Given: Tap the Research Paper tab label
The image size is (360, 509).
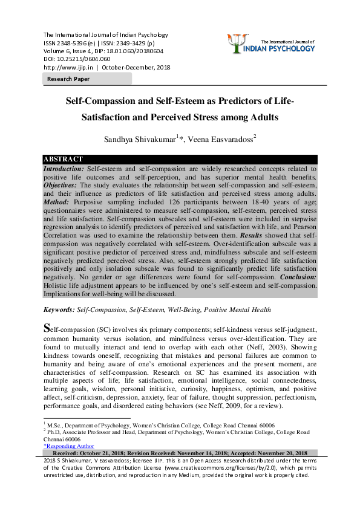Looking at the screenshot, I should coord(68,79).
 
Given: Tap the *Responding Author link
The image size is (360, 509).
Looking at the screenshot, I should coord(68,446).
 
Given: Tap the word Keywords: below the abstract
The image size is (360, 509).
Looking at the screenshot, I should coord(59,310).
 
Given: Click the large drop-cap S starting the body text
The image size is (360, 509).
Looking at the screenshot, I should coord(48,330).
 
